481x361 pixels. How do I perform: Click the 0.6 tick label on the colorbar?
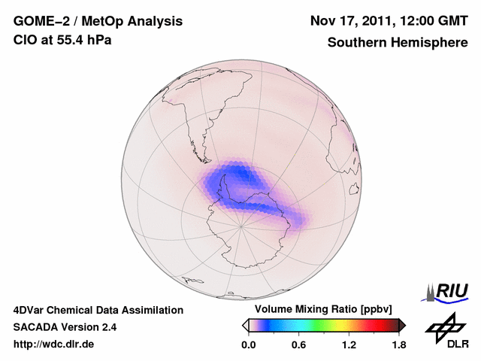298,345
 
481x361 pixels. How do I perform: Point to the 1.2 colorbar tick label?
349,345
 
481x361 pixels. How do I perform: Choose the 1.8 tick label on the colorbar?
398,345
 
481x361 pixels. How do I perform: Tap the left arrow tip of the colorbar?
245,325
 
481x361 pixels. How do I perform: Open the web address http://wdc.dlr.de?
54,345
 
